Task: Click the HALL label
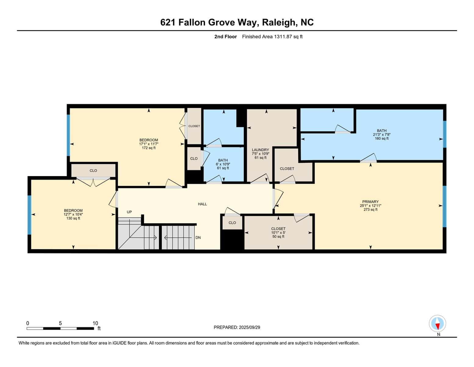pos(202,204)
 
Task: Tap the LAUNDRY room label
pos(260,150)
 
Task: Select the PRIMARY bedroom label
pos(371,202)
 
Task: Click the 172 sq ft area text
pos(149,148)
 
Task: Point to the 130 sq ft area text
pos(73,218)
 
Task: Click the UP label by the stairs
pos(129,212)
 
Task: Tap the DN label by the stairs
pos(198,237)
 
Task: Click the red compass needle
pos(437,326)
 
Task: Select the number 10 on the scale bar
pos(95,323)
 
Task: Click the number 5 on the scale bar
pos(60,323)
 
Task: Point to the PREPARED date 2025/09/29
pos(250,327)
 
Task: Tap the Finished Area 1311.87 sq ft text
pos(272,36)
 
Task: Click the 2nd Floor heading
pos(226,36)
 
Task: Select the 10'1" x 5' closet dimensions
pos(278,232)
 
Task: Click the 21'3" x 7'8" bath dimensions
pos(382,135)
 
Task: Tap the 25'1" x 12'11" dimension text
pos(371,206)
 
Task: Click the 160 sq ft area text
pos(382,138)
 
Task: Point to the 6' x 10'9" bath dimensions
pos(223,164)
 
